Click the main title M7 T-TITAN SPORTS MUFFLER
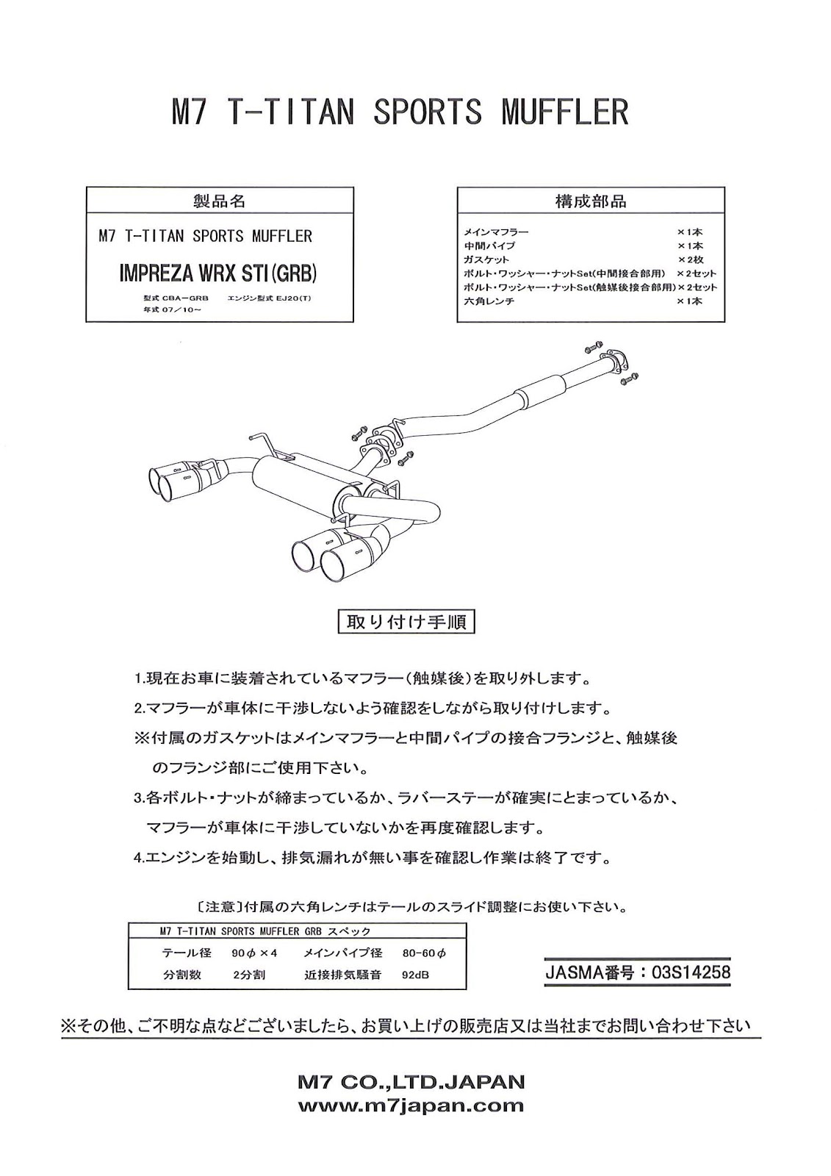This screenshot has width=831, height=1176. tap(400, 112)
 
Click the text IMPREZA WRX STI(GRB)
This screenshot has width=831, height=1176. tap(217, 273)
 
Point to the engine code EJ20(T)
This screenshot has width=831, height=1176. tap(293, 298)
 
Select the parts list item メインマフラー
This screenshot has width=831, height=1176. tap(496, 232)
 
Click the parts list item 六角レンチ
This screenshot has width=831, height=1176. tap(489, 301)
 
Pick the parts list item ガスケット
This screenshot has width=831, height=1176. tap(486, 259)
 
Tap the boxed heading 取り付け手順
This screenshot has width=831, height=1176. tap(406, 623)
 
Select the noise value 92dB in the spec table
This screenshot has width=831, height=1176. tap(415, 975)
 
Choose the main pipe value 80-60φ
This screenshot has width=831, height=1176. tap(424, 953)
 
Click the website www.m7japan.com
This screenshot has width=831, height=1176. tap(411, 1105)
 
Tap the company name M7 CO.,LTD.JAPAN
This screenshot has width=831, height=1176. tap(411, 1082)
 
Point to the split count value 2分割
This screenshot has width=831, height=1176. tap(245, 975)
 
